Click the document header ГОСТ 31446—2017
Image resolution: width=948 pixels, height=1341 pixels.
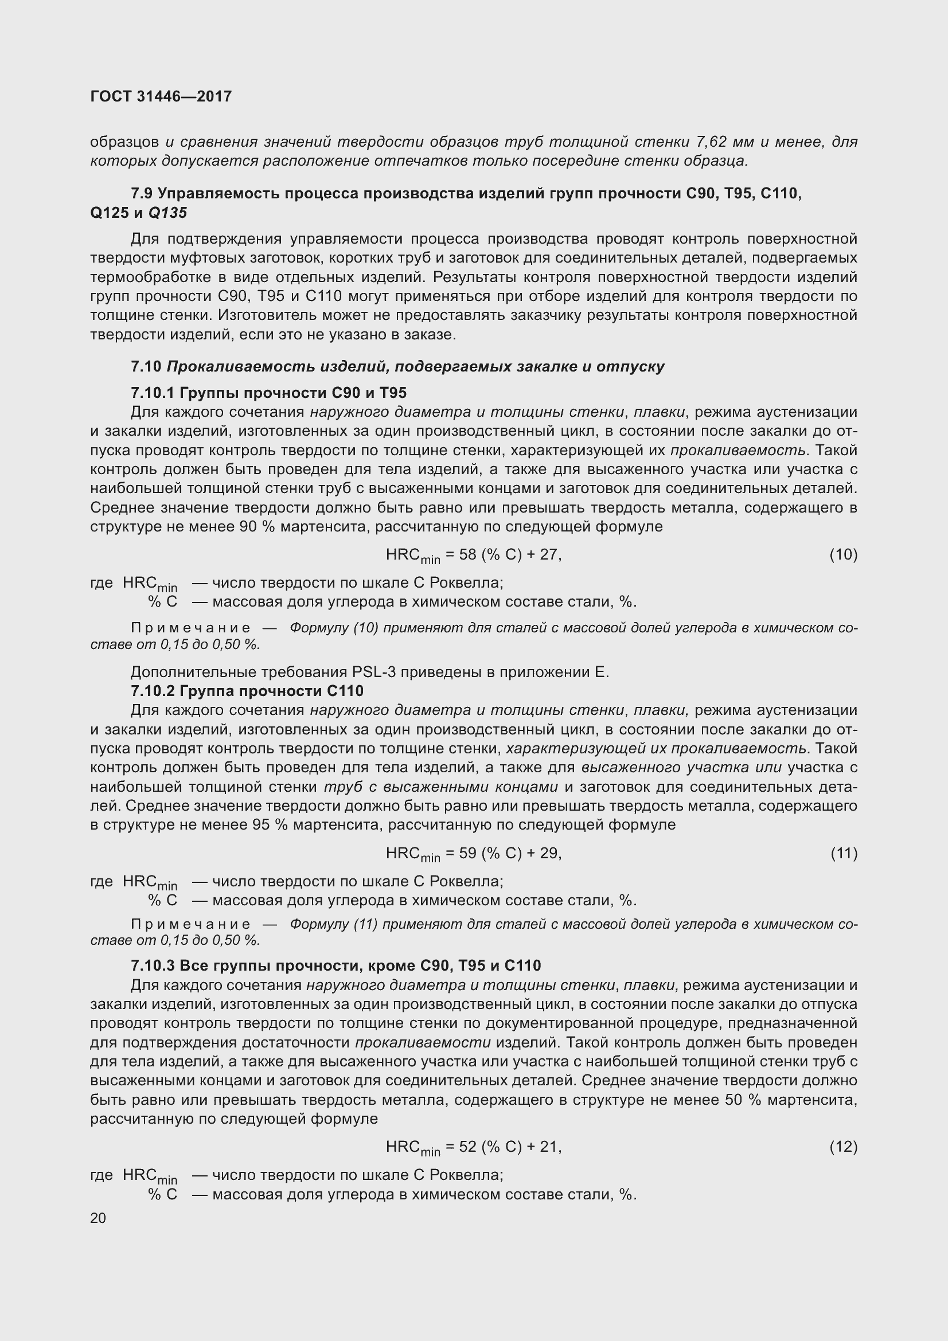click(x=161, y=96)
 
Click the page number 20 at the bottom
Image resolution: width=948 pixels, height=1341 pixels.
click(x=98, y=1218)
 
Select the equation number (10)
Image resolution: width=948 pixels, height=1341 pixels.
click(x=843, y=554)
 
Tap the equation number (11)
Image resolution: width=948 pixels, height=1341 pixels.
click(x=843, y=853)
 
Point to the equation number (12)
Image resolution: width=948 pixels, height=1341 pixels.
click(x=843, y=1147)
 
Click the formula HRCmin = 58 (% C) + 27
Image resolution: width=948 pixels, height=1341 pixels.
click(x=473, y=556)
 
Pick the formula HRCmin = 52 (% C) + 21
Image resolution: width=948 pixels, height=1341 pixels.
click(x=473, y=1148)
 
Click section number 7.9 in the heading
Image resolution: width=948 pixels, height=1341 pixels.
click(x=142, y=193)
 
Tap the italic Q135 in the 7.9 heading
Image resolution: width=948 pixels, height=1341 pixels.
click(x=167, y=213)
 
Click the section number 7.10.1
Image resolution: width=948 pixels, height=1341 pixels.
click(x=153, y=393)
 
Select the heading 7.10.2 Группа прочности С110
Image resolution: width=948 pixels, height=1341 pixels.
click(x=247, y=691)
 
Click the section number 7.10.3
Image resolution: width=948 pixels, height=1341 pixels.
click(x=153, y=965)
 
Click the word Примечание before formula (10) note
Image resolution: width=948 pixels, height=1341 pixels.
click(x=191, y=628)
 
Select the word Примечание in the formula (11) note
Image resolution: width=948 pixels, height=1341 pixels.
click(x=191, y=924)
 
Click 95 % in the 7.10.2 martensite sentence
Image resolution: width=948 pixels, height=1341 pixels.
click(x=263, y=824)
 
